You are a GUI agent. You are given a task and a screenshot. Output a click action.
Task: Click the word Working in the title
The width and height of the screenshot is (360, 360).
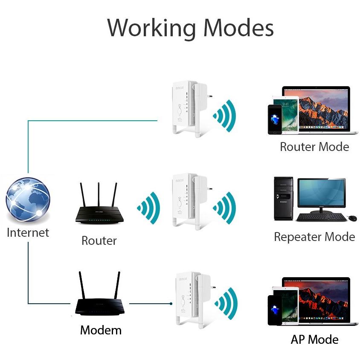coord(151,28)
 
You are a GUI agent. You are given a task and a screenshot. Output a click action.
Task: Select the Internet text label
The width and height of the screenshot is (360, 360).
coord(28,232)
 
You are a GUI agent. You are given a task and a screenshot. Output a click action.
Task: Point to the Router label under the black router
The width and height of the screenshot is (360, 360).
coord(99,241)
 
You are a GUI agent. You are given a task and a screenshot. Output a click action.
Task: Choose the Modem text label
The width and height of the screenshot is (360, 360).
coord(101,330)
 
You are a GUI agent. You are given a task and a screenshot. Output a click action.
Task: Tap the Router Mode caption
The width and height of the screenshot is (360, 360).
coord(314,147)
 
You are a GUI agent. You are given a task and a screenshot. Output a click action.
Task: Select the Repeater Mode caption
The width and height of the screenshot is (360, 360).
coord(314,237)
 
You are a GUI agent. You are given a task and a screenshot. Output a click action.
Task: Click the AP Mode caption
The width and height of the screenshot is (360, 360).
coord(314,340)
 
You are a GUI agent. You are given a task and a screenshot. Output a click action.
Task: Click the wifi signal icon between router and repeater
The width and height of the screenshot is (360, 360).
coord(149,208)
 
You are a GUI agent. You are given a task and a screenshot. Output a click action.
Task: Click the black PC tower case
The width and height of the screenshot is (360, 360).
coord(283,198)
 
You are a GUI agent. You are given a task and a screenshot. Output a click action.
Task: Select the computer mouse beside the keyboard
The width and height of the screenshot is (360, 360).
coord(352,218)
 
